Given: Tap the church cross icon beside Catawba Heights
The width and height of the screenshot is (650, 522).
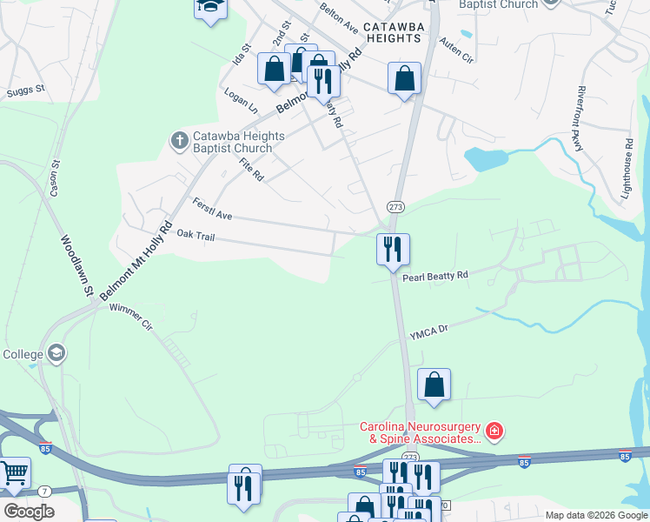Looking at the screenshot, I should point(179,139).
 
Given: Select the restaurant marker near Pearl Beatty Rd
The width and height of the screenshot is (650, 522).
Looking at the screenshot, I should point(393,251).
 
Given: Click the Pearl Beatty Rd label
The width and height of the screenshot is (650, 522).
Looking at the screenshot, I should point(435,276).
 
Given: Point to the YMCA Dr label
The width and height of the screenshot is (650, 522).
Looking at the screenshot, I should point(429,331).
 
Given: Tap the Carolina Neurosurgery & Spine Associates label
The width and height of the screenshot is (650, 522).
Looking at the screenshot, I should point(421,432).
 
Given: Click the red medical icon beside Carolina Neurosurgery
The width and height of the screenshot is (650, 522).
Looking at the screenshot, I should point(494,430).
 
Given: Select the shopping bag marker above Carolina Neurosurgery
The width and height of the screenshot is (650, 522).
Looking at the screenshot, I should point(434,385).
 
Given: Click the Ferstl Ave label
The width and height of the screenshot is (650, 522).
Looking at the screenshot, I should point(212,209).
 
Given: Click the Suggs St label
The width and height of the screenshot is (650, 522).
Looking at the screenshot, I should point(25,90).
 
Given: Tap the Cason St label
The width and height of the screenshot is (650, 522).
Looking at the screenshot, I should point(56,177).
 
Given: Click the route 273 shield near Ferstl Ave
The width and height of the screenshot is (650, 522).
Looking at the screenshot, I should point(396,206).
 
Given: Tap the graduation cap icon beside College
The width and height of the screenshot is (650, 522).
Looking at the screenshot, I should point(56,353).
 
